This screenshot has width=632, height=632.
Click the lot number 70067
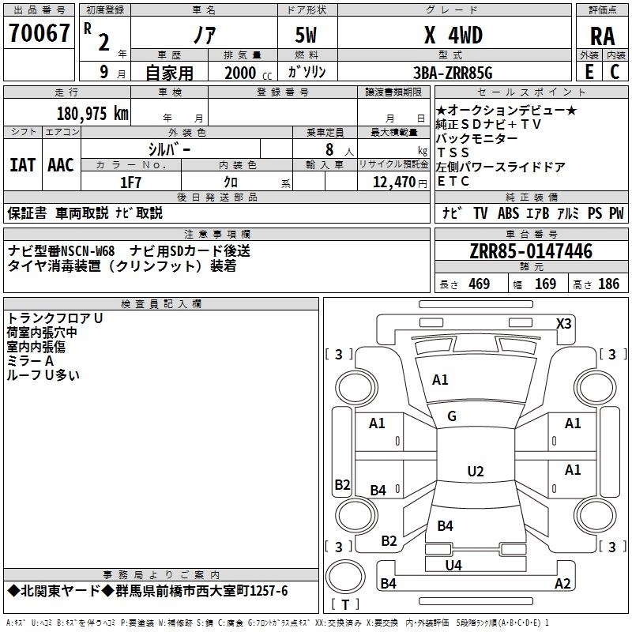point(39,33)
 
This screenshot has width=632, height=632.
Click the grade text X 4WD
point(453,35)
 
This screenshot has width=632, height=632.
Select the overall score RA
point(603,36)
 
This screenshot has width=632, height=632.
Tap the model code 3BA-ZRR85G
point(453,73)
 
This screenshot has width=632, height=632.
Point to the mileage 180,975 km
point(92,113)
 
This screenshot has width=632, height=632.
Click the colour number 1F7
point(130,182)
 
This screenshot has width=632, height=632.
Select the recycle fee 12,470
point(393,182)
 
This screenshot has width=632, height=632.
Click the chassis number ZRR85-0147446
point(531,251)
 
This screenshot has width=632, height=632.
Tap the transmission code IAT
point(23,165)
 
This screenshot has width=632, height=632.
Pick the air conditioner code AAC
point(61,165)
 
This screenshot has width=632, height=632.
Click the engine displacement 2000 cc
point(248,73)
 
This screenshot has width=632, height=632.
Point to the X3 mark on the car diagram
point(563,324)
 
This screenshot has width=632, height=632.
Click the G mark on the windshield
point(452,416)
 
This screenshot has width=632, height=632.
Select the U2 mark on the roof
point(476,471)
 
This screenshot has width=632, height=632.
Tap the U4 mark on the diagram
point(453,566)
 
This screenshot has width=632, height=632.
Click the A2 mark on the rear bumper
point(562,583)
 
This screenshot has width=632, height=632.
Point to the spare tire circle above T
point(345,577)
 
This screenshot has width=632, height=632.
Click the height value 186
point(608,284)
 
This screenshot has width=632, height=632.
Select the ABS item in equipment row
point(508,213)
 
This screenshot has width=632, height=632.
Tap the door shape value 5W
point(306,35)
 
